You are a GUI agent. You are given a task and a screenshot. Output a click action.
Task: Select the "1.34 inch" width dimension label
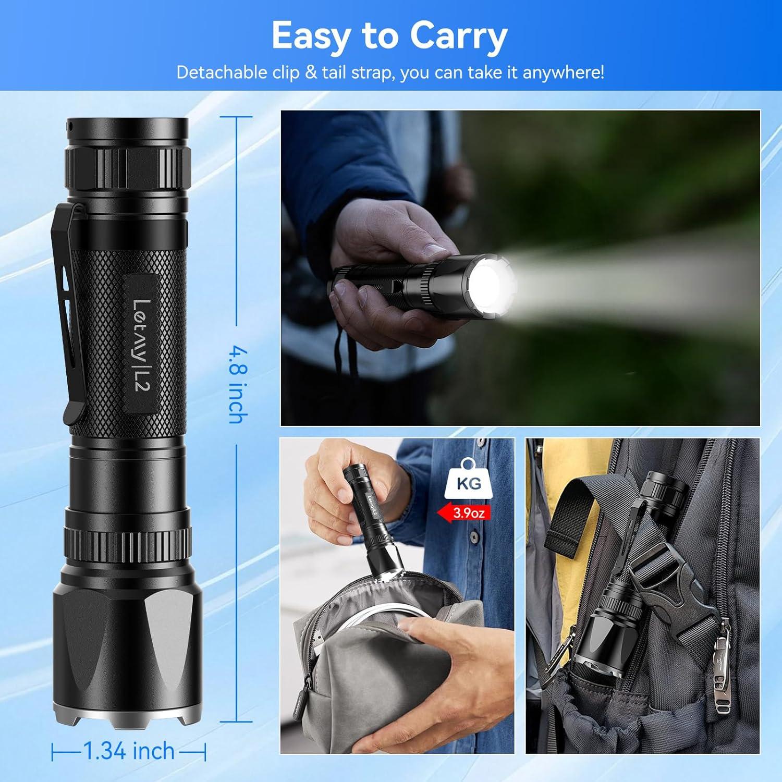[129, 751]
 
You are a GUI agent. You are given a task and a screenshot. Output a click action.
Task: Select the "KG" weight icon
[468, 482]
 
